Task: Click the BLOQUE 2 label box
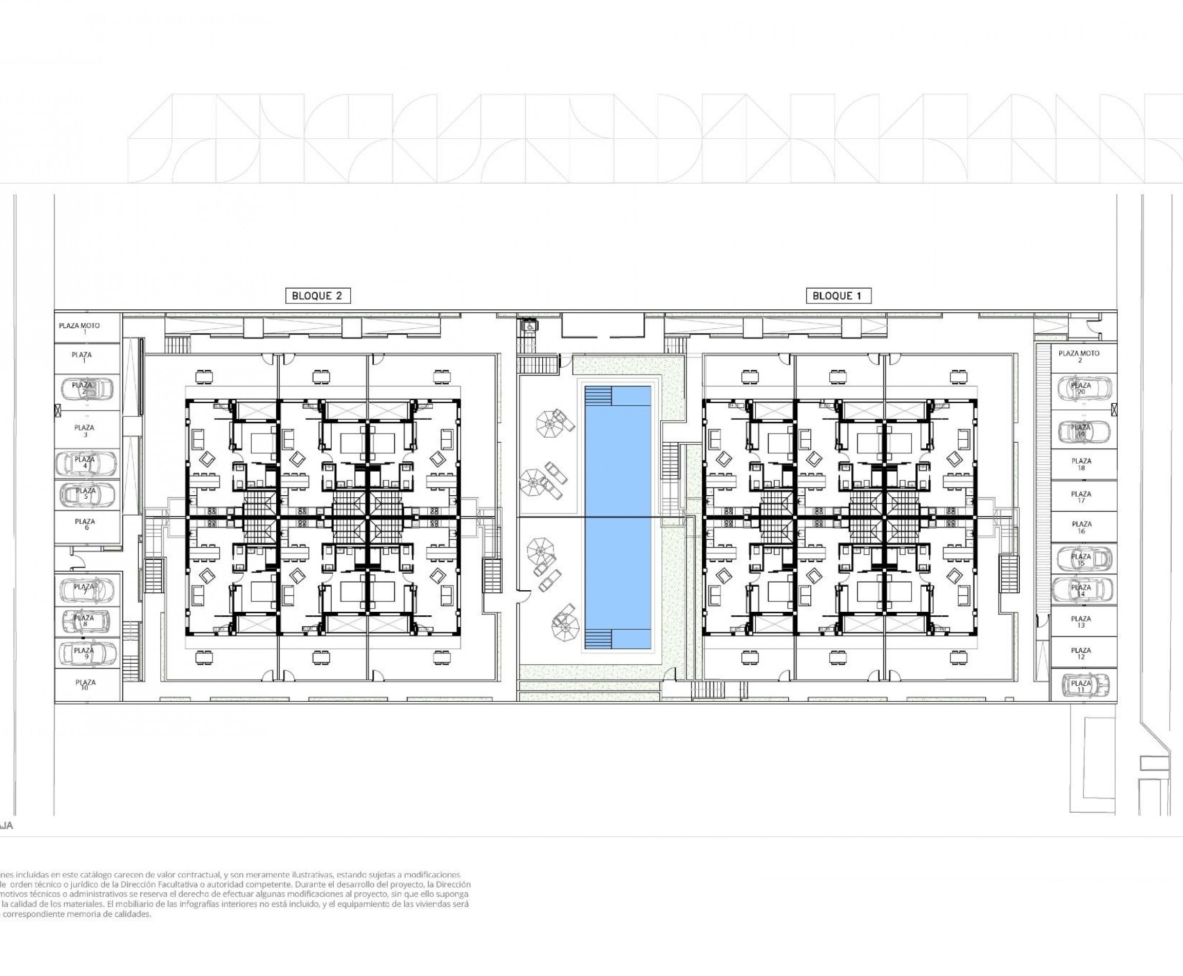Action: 317,296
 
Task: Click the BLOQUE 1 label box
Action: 837,296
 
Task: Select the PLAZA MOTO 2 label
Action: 1078,356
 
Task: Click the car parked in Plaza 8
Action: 85,621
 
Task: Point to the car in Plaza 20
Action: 1081,388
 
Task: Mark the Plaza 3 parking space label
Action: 85,430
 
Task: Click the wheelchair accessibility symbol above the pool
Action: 528,325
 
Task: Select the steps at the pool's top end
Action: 598,396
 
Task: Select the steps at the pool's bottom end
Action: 598,639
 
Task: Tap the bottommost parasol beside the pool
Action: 565,628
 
